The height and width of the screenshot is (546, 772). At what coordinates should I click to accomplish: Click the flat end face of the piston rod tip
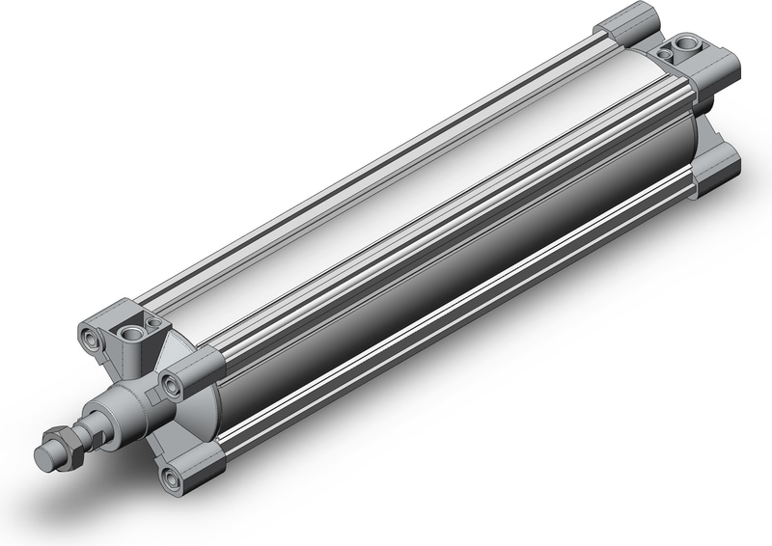tap(43, 454)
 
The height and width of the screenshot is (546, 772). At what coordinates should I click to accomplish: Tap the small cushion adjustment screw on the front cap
tap(152, 323)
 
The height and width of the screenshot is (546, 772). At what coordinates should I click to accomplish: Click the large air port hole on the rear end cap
tap(685, 45)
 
